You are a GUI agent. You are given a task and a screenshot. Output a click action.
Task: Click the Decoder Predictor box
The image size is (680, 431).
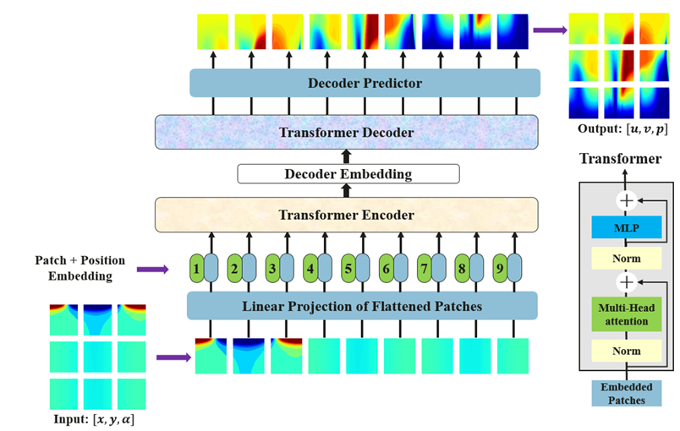click(x=365, y=83)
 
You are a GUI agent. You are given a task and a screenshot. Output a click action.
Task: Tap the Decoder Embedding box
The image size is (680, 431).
click(x=348, y=174)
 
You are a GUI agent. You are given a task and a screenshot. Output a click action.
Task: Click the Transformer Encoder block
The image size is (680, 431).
click(x=347, y=215)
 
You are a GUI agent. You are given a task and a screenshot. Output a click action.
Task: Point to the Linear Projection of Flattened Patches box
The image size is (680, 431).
click(x=362, y=306)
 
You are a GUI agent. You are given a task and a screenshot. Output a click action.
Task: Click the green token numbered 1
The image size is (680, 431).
click(x=196, y=269)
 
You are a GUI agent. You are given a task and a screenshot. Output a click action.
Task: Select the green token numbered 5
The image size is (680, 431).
click(x=348, y=269)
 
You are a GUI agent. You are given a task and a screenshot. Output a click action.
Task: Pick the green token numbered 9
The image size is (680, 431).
click(x=500, y=269)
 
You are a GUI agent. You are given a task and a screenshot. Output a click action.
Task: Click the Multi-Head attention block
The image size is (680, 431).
click(x=626, y=315)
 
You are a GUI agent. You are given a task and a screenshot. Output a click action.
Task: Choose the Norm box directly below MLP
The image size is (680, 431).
click(x=626, y=259)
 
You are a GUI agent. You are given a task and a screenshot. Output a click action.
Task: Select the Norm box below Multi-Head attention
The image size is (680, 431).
click(x=626, y=350)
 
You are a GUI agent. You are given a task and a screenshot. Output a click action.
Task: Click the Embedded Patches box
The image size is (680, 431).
click(x=626, y=394)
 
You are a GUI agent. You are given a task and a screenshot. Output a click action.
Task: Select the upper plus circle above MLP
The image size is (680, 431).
click(x=626, y=201)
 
